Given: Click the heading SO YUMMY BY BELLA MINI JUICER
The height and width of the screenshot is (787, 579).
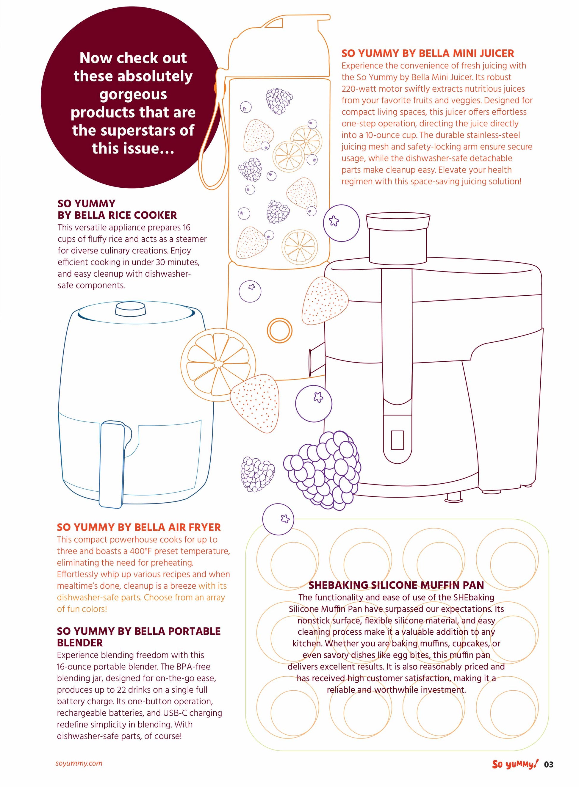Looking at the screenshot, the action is [x=428, y=53].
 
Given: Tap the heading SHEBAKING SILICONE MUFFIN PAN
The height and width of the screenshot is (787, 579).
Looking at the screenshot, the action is [x=396, y=585].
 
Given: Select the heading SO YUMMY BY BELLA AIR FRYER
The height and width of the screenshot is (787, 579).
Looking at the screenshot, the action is [x=139, y=527].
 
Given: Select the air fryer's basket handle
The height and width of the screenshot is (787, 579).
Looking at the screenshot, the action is [x=112, y=464].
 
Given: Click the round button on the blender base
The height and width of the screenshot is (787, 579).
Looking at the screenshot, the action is [x=279, y=330].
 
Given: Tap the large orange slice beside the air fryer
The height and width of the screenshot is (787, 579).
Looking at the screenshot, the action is [x=218, y=364].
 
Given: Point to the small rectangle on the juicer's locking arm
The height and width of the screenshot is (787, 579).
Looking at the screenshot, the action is [x=397, y=440].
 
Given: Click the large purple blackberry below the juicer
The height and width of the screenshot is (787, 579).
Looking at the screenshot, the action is [x=323, y=470].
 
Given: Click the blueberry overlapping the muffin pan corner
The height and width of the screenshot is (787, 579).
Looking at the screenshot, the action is [x=278, y=519].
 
